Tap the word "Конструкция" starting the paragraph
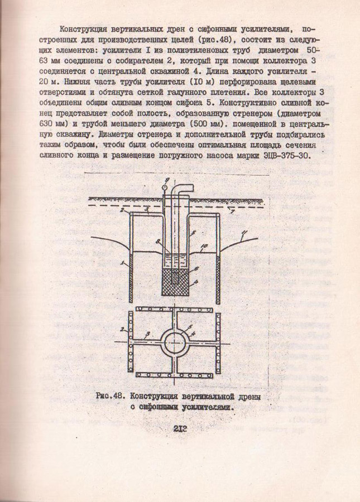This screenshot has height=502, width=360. tap(83, 28)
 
